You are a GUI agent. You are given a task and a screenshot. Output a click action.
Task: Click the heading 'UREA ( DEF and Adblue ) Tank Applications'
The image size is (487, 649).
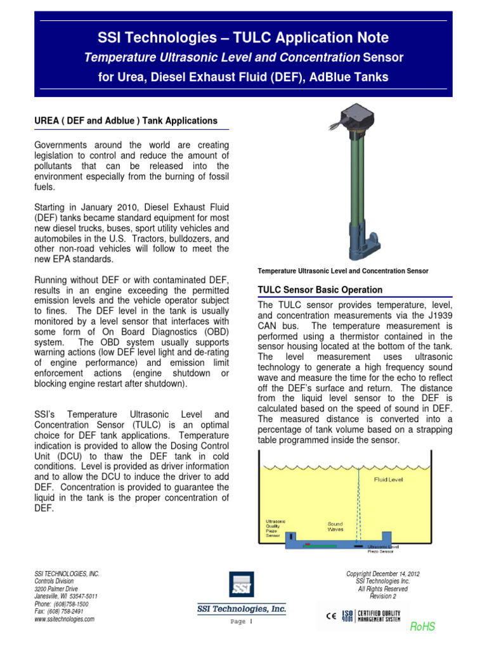[x=126, y=120]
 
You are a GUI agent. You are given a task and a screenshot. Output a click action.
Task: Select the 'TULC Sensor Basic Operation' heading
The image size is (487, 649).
[x=320, y=290]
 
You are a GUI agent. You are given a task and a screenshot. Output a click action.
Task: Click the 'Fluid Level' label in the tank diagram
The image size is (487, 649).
[x=387, y=480]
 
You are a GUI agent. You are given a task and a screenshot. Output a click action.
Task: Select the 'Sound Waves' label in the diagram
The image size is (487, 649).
[x=335, y=527]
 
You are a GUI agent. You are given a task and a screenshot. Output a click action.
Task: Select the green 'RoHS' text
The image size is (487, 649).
[x=422, y=627]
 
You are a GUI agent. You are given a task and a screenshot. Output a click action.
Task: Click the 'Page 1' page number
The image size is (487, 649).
[x=241, y=622]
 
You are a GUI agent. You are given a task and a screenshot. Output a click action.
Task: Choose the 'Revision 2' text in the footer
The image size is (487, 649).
[x=382, y=596]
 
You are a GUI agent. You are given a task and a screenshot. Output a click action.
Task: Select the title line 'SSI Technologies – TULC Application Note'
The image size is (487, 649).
[x=243, y=37]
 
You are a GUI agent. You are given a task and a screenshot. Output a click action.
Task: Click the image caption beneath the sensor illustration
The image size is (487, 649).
[x=342, y=271]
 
